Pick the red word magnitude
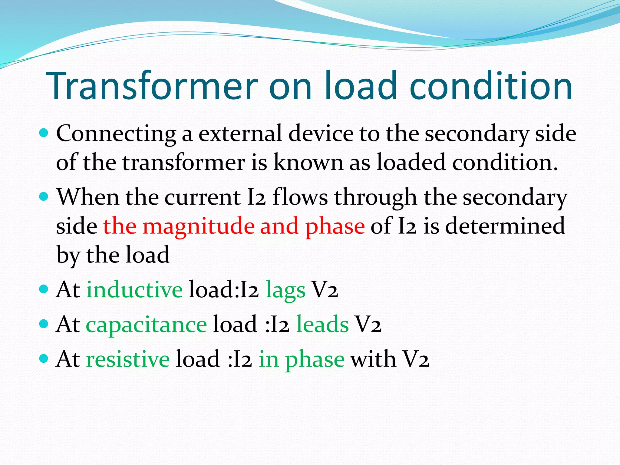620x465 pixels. point(199,226)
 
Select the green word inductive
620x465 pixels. point(134,290)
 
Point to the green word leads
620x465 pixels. point(322,324)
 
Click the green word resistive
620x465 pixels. point(128,359)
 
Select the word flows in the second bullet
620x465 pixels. point(300,197)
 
